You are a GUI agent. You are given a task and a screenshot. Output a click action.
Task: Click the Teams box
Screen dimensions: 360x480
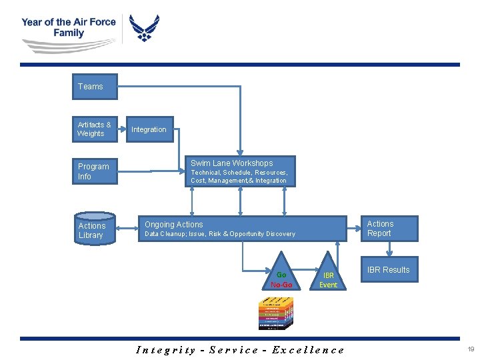point(95,87)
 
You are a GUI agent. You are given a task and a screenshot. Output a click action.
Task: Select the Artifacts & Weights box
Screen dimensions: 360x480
point(95,129)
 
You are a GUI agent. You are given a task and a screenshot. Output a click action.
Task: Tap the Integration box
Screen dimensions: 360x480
point(149,129)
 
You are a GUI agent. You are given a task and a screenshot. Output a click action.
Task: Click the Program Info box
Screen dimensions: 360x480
point(95,171)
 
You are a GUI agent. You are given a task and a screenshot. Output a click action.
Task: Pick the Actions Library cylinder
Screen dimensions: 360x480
point(91,229)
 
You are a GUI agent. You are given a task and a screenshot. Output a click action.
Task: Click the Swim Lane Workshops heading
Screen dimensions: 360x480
point(231,163)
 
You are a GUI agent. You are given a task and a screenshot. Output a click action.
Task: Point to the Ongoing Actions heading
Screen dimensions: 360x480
point(174,225)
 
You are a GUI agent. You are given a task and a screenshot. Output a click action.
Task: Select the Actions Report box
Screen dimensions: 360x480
point(391,229)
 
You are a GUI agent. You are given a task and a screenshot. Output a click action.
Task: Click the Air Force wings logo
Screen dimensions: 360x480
point(144,29)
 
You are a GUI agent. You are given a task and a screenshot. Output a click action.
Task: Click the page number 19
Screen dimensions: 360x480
point(471,349)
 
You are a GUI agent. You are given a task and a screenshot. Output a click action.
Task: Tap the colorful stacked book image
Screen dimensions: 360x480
point(275,313)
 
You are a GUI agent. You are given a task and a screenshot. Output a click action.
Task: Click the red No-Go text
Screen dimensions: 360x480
point(281,285)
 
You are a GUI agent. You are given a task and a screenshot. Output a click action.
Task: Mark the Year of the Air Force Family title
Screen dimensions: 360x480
point(68,27)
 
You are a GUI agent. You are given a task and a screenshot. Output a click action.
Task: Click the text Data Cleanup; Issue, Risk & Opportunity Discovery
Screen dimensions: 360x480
point(220,234)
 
